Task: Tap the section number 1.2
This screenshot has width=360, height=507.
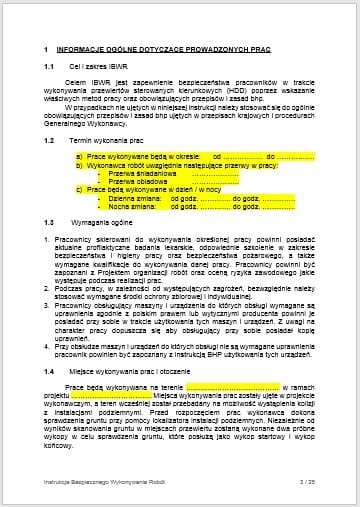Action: click(x=50, y=140)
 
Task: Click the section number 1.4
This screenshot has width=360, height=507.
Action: click(x=50, y=371)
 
